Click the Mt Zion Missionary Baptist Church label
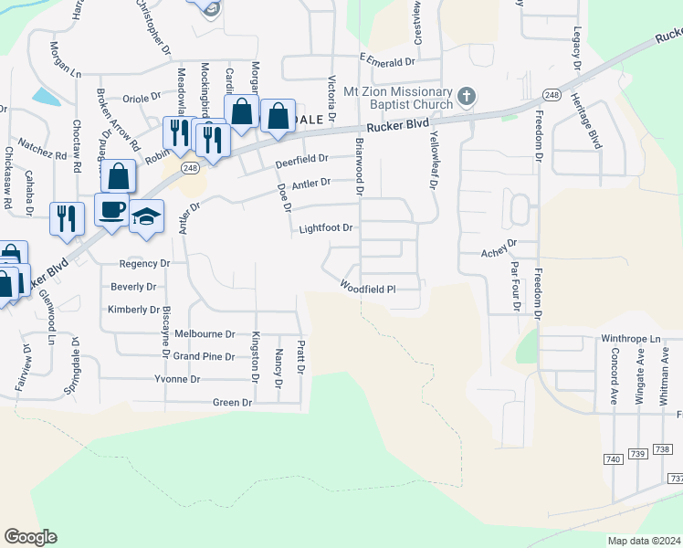click(x=397, y=98)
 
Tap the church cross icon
click(x=466, y=95)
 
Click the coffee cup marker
click(x=111, y=209)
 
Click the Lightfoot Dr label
click(x=326, y=228)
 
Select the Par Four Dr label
click(x=514, y=287)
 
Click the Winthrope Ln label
click(x=629, y=338)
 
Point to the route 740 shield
click(x=613, y=459)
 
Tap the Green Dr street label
click(x=232, y=402)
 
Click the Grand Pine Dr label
click(x=205, y=356)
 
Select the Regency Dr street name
click(x=144, y=263)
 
